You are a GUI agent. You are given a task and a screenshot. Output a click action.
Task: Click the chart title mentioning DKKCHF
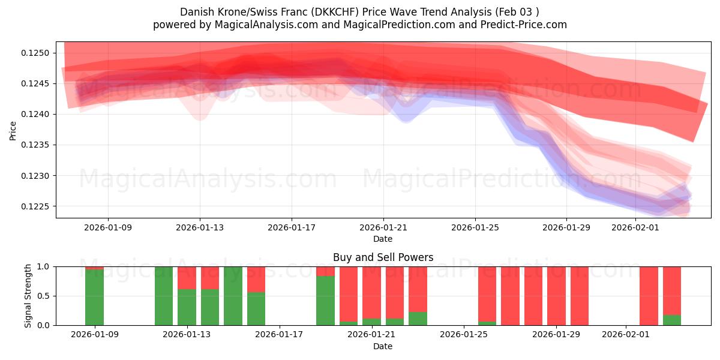(359, 12)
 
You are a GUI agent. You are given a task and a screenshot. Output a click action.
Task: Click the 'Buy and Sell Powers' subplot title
(383, 257)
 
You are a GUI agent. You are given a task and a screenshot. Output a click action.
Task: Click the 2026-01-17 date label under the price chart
(292, 227)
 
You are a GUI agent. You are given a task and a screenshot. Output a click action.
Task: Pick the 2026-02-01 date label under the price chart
(635, 227)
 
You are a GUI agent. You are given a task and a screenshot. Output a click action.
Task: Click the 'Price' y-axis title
(13, 130)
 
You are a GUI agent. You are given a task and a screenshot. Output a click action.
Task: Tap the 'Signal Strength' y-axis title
(28, 296)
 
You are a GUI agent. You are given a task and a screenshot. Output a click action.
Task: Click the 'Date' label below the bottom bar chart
(383, 346)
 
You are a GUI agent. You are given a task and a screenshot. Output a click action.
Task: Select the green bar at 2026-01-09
(94, 297)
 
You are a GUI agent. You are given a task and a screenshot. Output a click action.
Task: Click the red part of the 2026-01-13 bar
(187, 277)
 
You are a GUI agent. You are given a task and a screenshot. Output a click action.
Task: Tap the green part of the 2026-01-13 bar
(187, 307)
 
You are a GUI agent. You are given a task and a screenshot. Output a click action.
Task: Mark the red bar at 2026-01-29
(556, 295)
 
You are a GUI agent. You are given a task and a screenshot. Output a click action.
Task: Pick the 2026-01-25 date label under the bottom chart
(464, 334)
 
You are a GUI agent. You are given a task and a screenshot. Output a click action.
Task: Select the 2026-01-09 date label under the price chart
(108, 227)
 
